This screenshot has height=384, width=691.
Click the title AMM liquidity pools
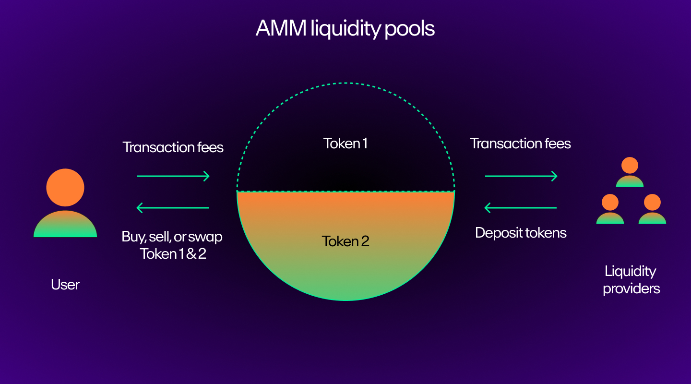(345, 29)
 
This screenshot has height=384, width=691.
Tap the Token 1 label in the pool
(345, 144)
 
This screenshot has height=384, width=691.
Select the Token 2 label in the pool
(345, 241)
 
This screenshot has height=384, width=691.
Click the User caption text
(65, 285)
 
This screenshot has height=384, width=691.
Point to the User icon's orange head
(65, 187)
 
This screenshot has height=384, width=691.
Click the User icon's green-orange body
(65, 225)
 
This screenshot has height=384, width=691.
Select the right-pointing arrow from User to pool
(173, 176)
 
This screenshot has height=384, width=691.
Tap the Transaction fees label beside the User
(173, 147)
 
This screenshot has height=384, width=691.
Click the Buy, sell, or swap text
(173, 237)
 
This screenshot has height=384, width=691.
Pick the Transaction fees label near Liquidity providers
(521, 143)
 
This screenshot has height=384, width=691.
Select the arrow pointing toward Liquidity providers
(521, 176)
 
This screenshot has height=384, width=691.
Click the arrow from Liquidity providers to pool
(521, 208)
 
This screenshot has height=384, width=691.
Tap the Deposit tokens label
(521, 233)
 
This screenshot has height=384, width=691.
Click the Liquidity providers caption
(631, 280)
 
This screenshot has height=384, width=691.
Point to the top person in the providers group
(630, 172)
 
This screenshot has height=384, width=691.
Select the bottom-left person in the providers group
(610, 209)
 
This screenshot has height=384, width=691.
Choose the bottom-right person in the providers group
(652, 209)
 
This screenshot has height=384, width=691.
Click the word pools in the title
(409, 29)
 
